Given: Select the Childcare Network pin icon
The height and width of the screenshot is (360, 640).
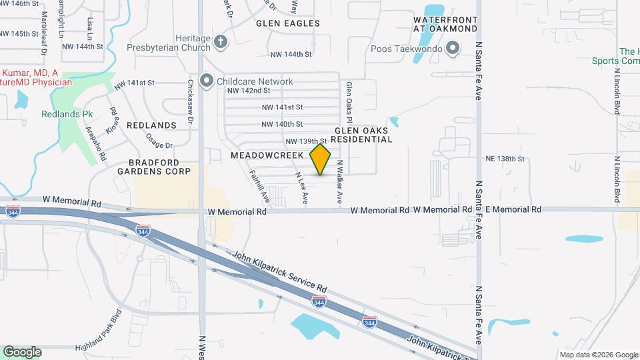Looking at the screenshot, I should coord(207,81).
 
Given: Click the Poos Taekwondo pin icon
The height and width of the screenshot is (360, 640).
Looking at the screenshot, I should coord(453,48).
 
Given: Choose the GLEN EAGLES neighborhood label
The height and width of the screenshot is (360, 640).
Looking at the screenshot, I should coord(288,23).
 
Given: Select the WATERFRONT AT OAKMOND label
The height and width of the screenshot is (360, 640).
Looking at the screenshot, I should coord(445,24).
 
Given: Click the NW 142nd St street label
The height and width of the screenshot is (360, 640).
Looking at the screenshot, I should coord(248,91).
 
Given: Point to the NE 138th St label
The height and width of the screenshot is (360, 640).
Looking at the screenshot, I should coord(507,159).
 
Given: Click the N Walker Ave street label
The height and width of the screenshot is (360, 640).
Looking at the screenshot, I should coord(339,182).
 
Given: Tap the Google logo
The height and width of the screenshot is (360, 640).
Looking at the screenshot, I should coord(22,351).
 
